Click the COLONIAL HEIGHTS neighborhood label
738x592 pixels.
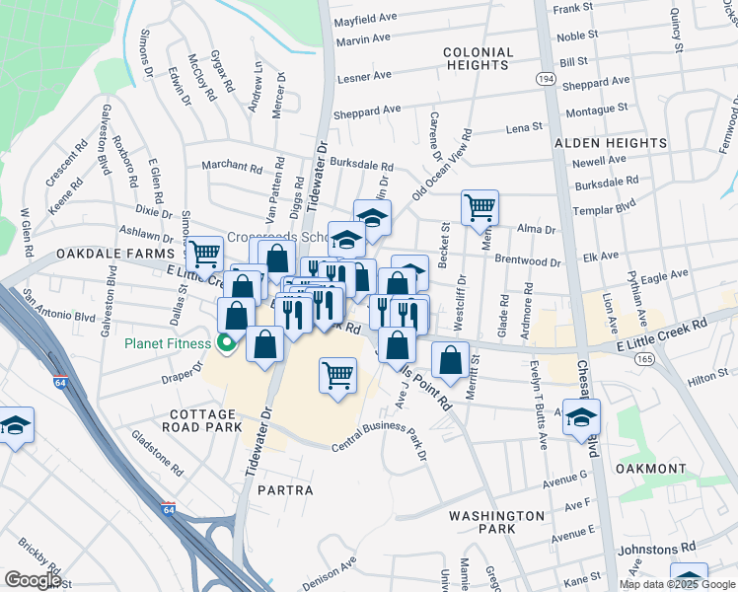pos(478,58)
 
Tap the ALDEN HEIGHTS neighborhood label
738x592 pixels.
pos(610,143)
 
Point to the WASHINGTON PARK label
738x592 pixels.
pos(495,522)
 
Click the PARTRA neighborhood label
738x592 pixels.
pos(285,490)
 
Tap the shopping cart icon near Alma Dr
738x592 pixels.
pos(480,207)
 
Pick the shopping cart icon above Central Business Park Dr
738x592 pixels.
pos(337,376)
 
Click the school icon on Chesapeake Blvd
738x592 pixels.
pos(582,416)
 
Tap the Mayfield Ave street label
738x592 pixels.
pos(365,19)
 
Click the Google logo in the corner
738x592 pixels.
pos(34,580)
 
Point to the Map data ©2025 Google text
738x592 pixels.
pos(677,584)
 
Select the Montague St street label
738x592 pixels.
pos(596,109)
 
